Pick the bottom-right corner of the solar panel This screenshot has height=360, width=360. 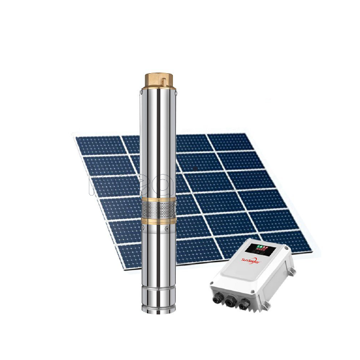[x=310, y=247]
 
